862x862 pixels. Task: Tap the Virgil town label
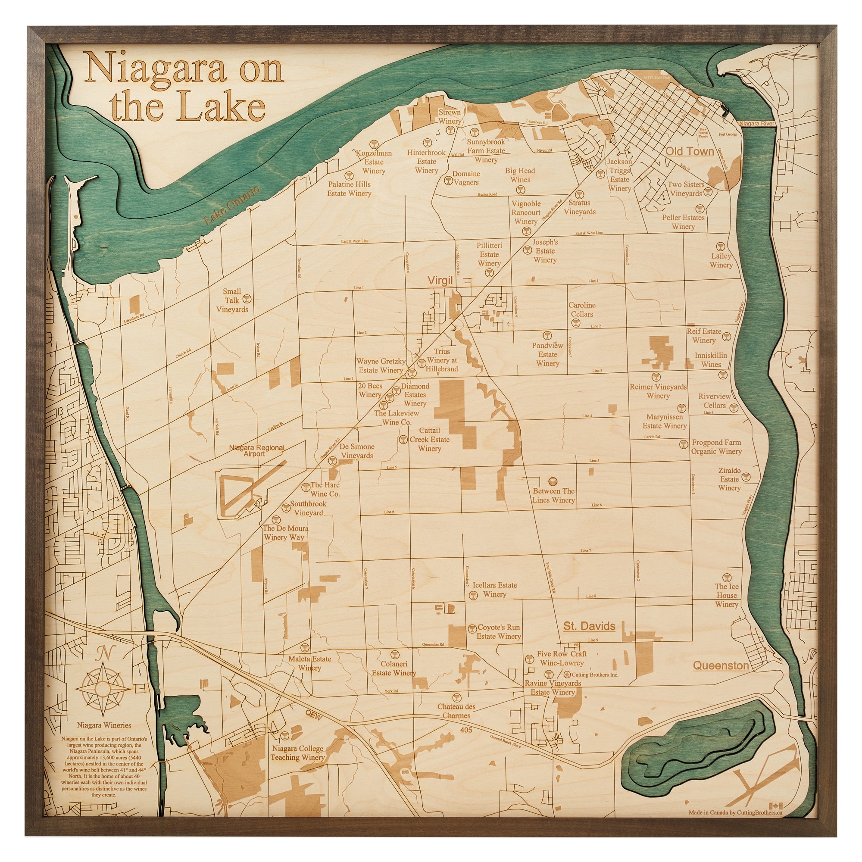click(440, 280)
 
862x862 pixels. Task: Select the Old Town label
click(690, 152)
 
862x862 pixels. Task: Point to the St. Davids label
click(589, 626)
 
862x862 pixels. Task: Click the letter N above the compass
click(105, 653)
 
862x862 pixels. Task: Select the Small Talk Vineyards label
click(232, 300)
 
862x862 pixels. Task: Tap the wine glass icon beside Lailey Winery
click(720, 246)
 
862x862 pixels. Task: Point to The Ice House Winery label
click(727, 595)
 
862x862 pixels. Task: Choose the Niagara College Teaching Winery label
click(297, 753)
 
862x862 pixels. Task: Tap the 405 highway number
click(466, 730)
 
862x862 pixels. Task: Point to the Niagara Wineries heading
click(104, 725)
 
